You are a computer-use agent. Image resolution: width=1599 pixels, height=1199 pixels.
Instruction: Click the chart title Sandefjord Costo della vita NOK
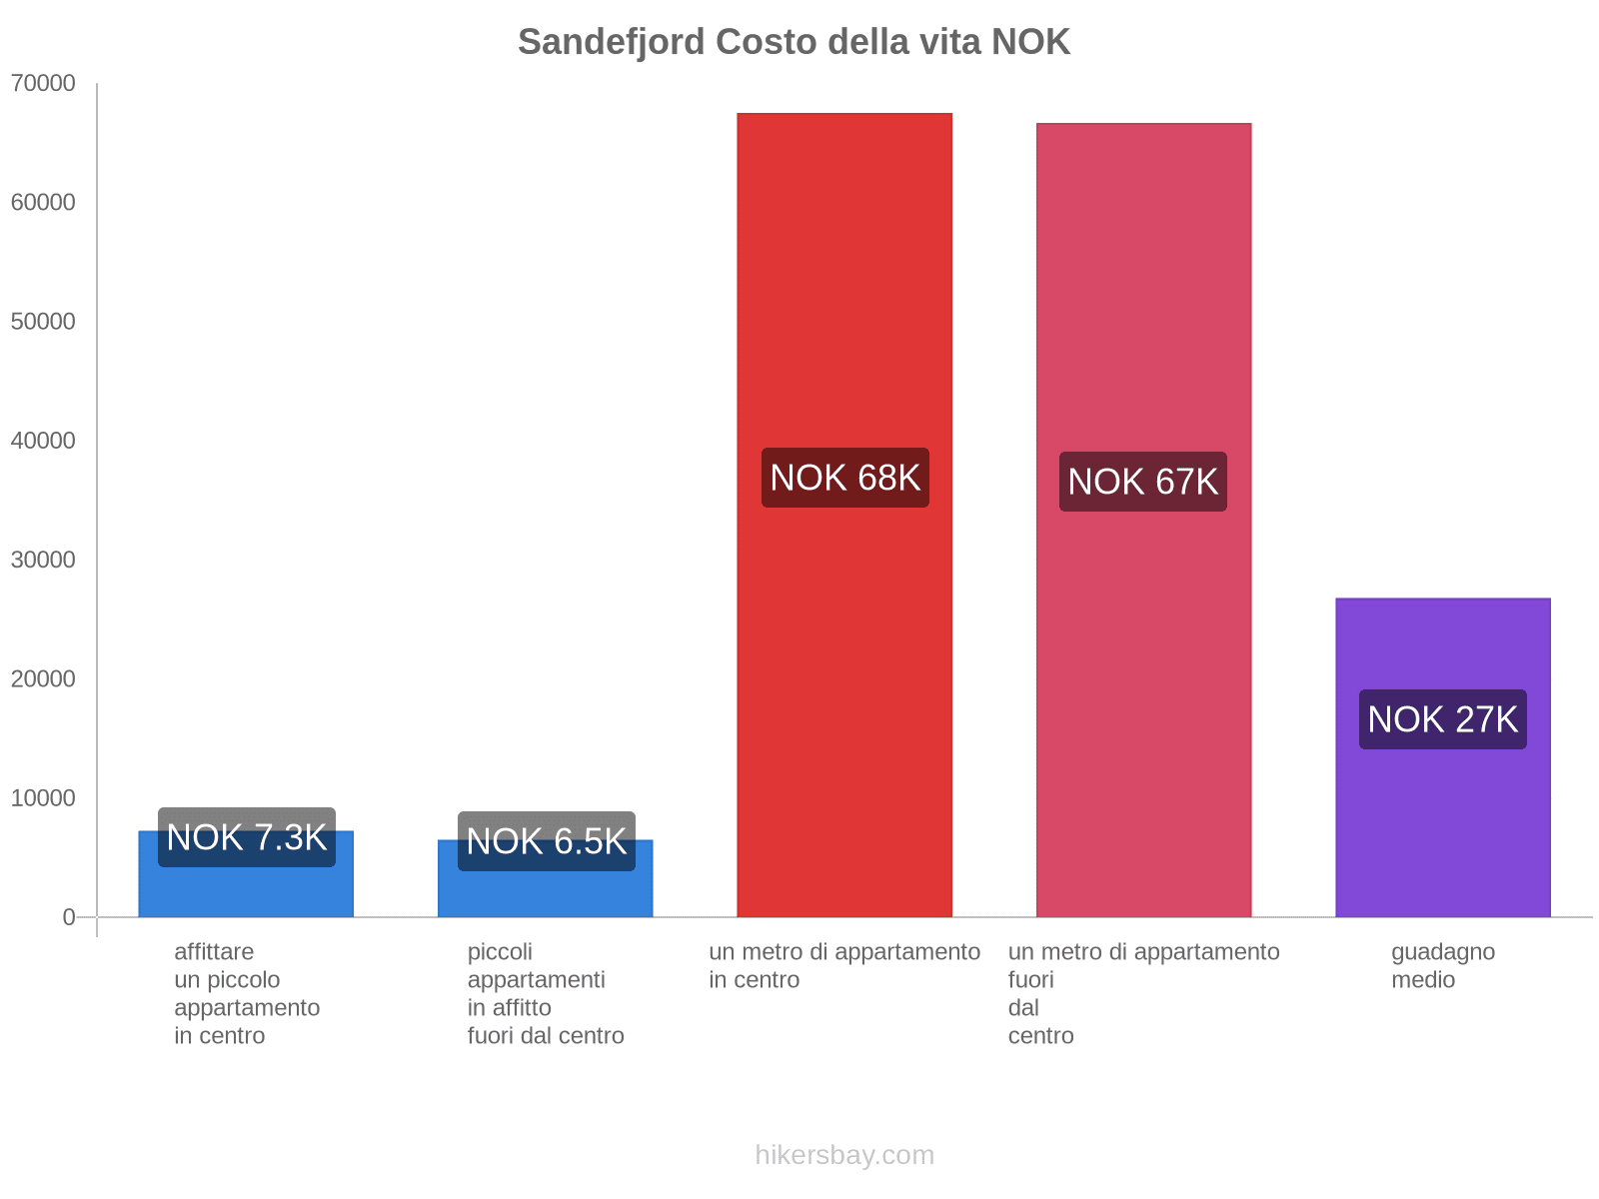click(x=794, y=42)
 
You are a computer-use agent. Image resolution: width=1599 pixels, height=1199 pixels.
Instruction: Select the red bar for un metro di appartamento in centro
click(x=844, y=300)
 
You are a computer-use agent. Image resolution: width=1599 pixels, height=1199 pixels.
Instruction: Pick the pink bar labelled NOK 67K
click(x=1143, y=300)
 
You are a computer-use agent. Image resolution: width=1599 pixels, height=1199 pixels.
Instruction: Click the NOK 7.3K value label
click(x=247, y=837)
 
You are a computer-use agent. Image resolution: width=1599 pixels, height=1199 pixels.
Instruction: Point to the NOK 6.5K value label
click(x=547, y=841)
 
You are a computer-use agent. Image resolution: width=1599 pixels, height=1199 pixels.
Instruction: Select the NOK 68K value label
click(x=844, y=478)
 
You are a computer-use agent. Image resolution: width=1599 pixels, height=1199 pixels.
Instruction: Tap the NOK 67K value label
click(x=1143, y=482)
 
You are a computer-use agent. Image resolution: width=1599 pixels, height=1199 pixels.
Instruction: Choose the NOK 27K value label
click(x=1442, y=719)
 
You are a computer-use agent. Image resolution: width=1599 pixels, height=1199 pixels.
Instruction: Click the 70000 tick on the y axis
click(x=44, y=83)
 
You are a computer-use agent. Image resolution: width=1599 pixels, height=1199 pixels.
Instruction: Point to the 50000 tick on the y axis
click(x=44, y=322)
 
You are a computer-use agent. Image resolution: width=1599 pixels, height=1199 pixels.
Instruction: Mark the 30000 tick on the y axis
click(x=44, y=560)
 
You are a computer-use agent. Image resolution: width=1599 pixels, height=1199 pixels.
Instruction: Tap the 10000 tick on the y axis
click(x=44, y=798)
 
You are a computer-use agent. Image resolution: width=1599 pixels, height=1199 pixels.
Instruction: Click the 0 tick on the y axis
click(x=69, y=917)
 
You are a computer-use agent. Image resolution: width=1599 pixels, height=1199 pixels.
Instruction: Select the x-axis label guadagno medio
click(x=1442, y=965)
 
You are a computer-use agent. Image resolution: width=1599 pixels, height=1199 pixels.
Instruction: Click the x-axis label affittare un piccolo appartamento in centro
click(x=247, y=993)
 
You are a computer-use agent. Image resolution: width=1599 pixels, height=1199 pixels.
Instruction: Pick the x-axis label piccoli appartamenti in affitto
click(x=546, y=993)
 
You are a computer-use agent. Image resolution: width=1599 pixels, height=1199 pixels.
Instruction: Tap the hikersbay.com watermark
click(x=844, y=1155)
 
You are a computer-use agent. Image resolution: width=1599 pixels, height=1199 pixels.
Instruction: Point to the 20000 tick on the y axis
click(x=44, y=679)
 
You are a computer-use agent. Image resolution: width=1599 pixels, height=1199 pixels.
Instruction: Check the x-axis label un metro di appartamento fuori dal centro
click(x=1143, y=993)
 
